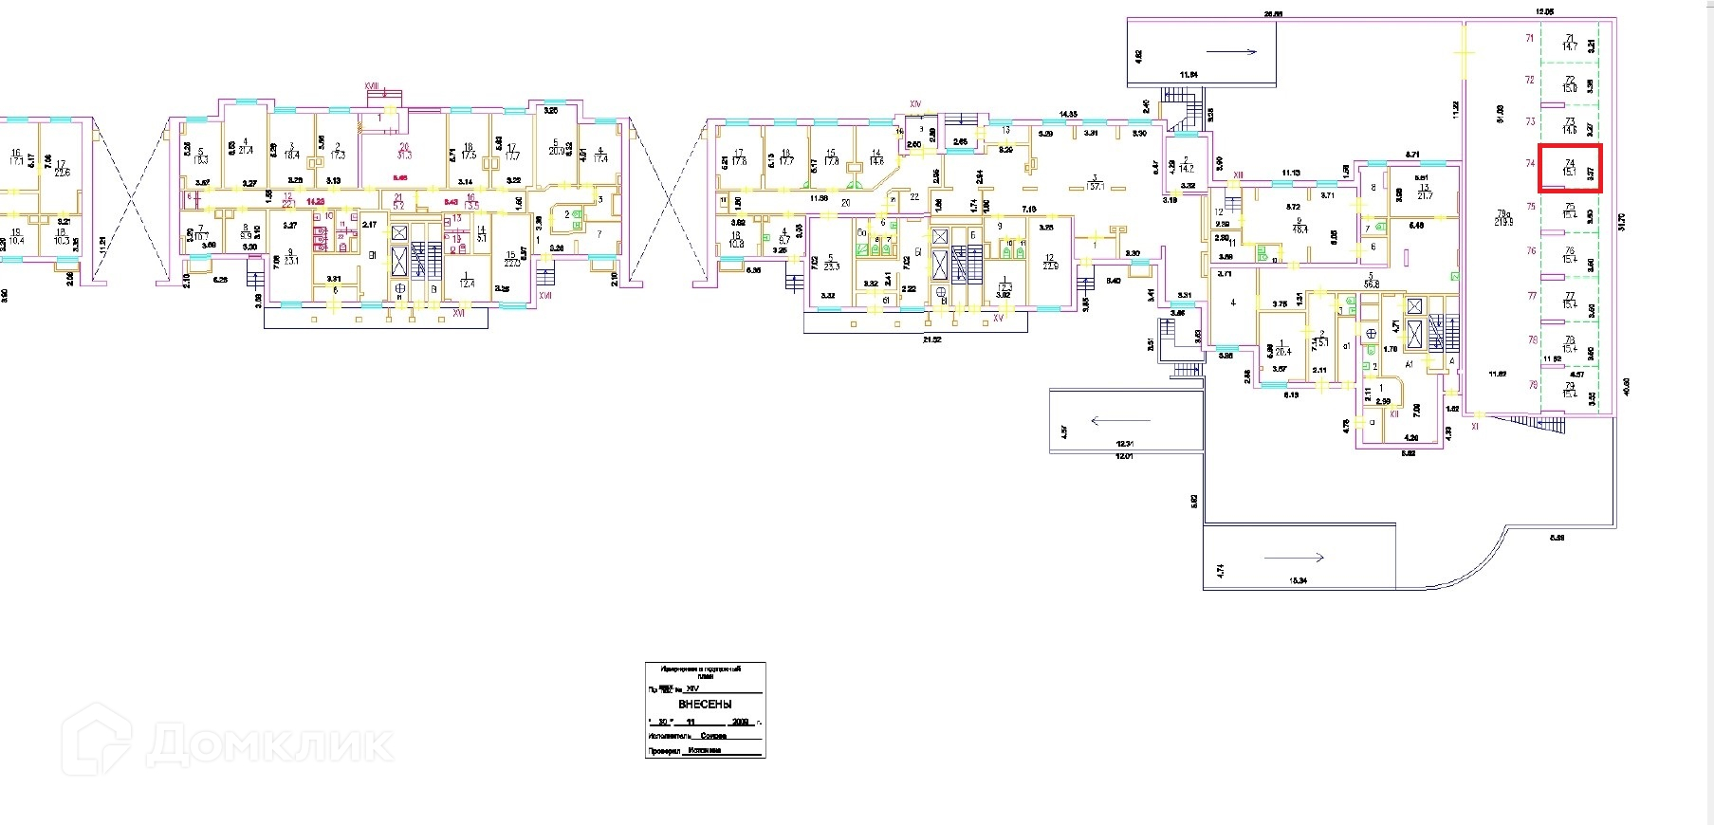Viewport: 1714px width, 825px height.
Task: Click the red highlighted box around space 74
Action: tap(1570, 169)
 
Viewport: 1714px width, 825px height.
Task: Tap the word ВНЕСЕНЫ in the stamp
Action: tap(705, 705)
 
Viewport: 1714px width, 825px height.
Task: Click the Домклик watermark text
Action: tap(269, 744)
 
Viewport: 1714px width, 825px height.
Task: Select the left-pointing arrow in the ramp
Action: tap(1119, 420)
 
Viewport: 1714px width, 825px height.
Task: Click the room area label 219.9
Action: tap(1502, 221)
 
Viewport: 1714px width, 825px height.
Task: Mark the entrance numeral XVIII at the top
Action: tap(372, 86)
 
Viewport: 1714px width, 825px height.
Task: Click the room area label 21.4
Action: tap(246, 150)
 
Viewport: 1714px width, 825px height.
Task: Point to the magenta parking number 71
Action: tap(1529, 38)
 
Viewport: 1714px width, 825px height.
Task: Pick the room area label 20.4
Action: tap(1283, 350)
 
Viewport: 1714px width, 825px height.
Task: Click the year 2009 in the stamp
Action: tap(741, 722)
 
